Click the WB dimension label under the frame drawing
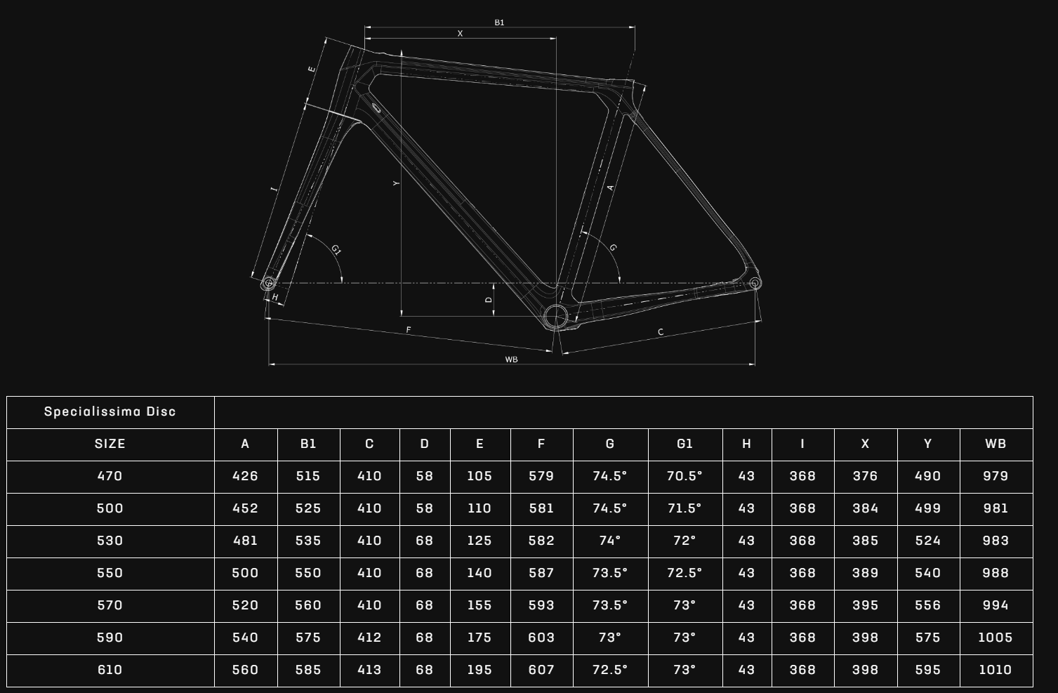click(x=511, y=359)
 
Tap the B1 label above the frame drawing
click(x=499, y=22)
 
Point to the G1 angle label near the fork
click(x=336, y=250)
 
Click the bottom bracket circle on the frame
click(x=555, y=316)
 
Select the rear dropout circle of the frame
click(x=755, y=283)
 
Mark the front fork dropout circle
click(x=268, y=283)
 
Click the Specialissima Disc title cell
click(x=110, y=411)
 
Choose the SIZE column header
click(x=110, y=444)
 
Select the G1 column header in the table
click(x=685, y=444)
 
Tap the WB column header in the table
click(x=996, y=444)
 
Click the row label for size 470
click(x=110, y=476)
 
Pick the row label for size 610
click(x=110, y=670)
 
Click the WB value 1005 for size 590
click(x=996, y=638)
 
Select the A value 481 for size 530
click(x=245, y=541)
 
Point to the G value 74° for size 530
click(x=609, y=541)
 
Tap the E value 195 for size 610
click(x=480, y=670)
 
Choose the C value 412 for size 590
click(x=369, y=638)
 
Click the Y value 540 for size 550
click(x=927, y=573)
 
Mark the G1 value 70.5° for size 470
click(x=685, y=476)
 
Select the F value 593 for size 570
click(x=541, y=605)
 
